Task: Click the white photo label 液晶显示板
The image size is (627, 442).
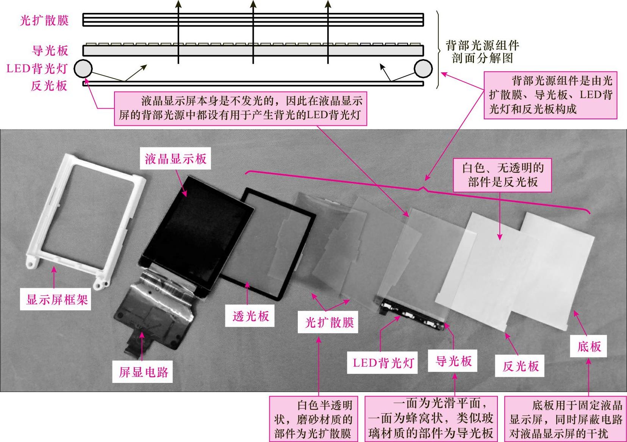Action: click(x=175, y=159)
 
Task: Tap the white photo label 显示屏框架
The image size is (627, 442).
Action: click(x=56, y=300)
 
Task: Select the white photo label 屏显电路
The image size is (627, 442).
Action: click(x=144, y=372)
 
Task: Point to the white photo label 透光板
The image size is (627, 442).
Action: click(x=250, y=316)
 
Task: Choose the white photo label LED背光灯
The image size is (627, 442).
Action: click(x=383, y=363)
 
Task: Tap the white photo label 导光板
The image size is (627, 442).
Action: click(x=453, y=361)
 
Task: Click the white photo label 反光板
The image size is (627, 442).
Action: click(x=520, y=366)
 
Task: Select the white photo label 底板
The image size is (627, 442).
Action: click(x=588, y=347)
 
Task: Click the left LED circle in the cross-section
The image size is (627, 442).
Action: click(x=83, y=69)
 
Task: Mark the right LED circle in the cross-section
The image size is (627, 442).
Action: click(x=423, y=69)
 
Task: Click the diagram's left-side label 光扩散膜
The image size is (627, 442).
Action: click(x=44, y=20)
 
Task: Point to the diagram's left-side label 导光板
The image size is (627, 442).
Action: click(x=50, y=51)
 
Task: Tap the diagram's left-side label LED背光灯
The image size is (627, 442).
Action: click(x=37, y=69)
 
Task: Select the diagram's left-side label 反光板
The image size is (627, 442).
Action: click(x=49, y=86)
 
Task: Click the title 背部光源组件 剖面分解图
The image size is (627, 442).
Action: click(x=482, y=52)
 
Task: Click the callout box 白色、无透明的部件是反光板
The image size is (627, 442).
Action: click(x=502, y=175)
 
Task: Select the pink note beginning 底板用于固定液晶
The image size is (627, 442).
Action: click(x=565, y=419)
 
